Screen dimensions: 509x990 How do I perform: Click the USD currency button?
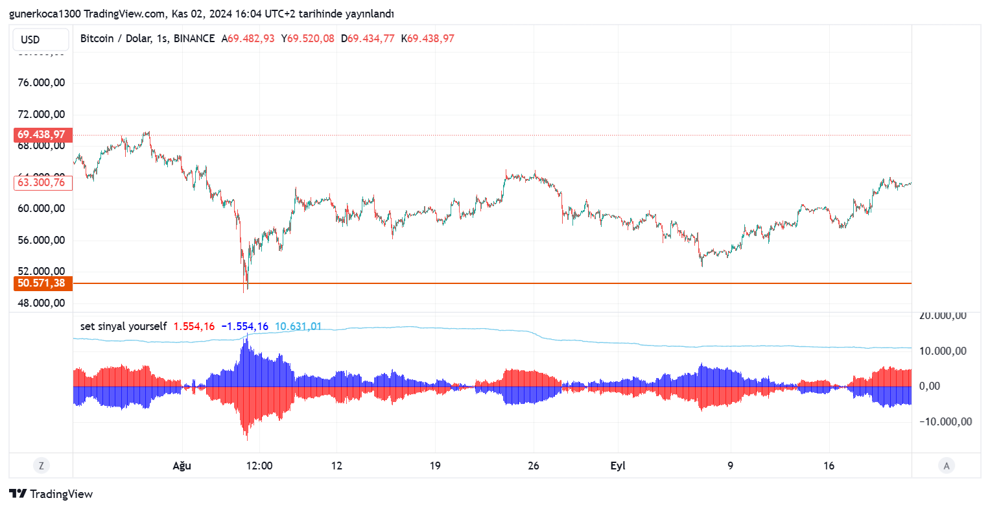click(x=40, y=40)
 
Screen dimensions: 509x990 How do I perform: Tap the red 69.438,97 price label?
click(x=41, y=135)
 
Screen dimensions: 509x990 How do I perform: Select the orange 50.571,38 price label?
click(x=41, y=283)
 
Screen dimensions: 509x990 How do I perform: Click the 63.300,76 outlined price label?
click(x=41, y=183)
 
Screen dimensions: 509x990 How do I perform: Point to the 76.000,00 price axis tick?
click(x=41, y=83)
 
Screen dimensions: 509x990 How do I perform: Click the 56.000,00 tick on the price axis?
click(x=41, y=241)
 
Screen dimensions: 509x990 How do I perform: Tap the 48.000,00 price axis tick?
click(x=41, y=303)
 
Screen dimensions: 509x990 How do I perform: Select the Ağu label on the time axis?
click(x=182, y=466)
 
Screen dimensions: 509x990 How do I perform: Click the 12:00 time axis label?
click(x=259, y=466)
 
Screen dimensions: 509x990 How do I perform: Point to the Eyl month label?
click(x=618, y=466)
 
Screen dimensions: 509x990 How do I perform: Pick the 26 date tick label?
click(x=534, y=466)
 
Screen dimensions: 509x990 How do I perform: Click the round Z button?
click(x=41, y=466)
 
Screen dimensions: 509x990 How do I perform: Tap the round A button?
click(x=947, y=466)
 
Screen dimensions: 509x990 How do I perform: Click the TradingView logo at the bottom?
click(x=51, y=494)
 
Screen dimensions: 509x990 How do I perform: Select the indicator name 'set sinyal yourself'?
click(x=123, y=327)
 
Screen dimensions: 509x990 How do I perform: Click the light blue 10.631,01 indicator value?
click(x=298, y=327)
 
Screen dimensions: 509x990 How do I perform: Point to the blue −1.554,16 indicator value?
click(x=244, y=327)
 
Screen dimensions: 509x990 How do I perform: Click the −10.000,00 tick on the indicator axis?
click(x=945, y=422)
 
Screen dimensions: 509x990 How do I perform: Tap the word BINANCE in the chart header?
click(x=194, y=39)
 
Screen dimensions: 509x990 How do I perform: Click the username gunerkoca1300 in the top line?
click(x=45, y=14)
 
